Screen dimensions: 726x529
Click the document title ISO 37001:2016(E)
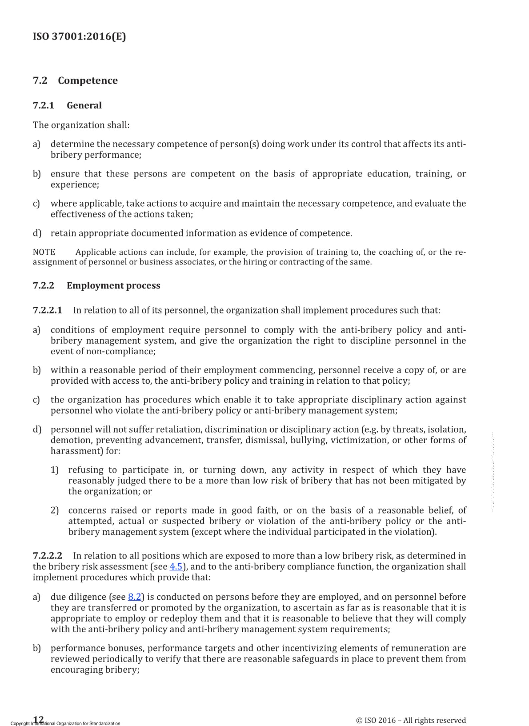(x=79, y=36)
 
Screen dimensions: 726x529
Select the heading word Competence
(x=88, y=81)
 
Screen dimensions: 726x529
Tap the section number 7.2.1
(x=43, y=106)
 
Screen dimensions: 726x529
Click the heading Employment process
(x=113, y=286)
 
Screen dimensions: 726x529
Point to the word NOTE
(x=44, y=252)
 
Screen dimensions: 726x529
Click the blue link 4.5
(x=176, y=566)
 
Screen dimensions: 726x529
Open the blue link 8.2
(x=134, y=597)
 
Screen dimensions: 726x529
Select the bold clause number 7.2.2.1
(x=47, y=310)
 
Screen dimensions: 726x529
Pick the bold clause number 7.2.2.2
(x=47, y=556)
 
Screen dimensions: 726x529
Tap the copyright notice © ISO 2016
(x=411, y=720)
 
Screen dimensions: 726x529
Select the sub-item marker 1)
(x=55, y=470)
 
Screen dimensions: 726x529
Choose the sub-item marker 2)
(x=55, y=510)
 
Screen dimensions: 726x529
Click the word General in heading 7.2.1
(x=84, y=106)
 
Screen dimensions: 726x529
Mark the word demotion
(x=71, y=440)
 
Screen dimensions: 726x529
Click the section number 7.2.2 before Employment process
(x=43, y=286)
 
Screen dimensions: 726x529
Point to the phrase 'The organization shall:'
(x=81, y=125)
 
